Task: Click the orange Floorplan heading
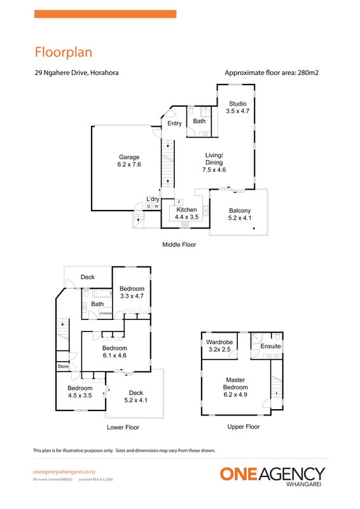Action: point(64,52)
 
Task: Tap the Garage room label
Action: point(129,157)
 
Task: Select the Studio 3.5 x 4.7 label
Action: point(238,107)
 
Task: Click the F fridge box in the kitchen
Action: point(179,202)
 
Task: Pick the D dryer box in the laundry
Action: point(149,206)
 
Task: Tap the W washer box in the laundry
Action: point(156,206)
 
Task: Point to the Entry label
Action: point(174,123)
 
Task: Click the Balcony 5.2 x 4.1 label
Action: point(240,214)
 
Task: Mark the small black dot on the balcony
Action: point(254,228)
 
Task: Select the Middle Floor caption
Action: point(179,244)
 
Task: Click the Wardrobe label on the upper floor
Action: point(219,342)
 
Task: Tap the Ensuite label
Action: point(270,346)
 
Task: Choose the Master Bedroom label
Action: point(235,384)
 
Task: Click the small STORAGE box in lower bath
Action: point(106,313)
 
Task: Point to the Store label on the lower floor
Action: point(63,366)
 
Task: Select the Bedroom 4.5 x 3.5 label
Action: point(80,392)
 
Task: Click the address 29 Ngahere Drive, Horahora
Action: point(76,73)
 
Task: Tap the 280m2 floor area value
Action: point(307,73)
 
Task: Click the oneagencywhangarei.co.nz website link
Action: point(64,472)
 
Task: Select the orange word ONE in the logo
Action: point(239,474)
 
